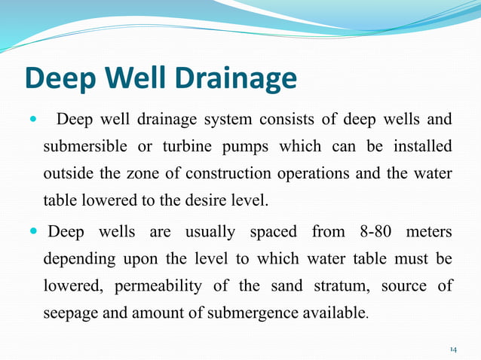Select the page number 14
point(453,349)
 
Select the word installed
point(422,146)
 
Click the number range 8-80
point(363,231)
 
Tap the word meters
point(428,231)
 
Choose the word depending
point(78,259)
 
